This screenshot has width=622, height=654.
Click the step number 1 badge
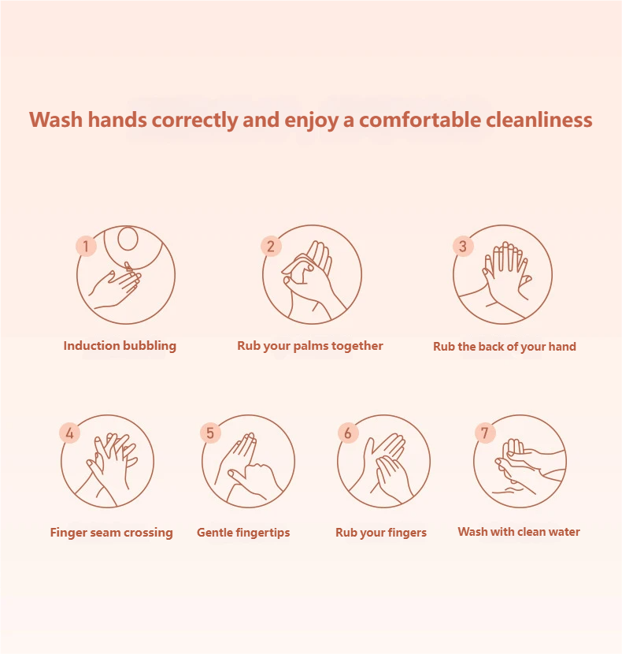pos(87,246)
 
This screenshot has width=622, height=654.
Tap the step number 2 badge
pos(271,246)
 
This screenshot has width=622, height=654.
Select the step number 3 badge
pos(463,246)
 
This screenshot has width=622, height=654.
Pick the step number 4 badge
pos(69,433)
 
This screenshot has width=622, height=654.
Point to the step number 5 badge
pos(210,433)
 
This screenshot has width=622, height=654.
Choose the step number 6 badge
pos(348,433)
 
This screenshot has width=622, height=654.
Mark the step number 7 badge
pos(485,433)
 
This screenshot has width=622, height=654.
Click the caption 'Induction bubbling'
pos(120,346)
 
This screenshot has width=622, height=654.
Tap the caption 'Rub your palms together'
pos(309,346)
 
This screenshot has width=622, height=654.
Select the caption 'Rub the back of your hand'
pos(505,347)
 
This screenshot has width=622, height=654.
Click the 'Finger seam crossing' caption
pos(111,533)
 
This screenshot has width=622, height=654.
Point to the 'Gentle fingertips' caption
pos(243,533)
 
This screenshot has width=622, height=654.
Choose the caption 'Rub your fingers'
pos(381,533)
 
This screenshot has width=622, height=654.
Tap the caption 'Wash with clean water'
pos(519,532)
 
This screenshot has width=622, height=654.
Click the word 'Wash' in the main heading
pos(56,120)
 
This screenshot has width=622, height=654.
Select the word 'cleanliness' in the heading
pos(539,120)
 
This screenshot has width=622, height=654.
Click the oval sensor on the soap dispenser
pos(128,239)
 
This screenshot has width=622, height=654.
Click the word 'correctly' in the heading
pos(194,121)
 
